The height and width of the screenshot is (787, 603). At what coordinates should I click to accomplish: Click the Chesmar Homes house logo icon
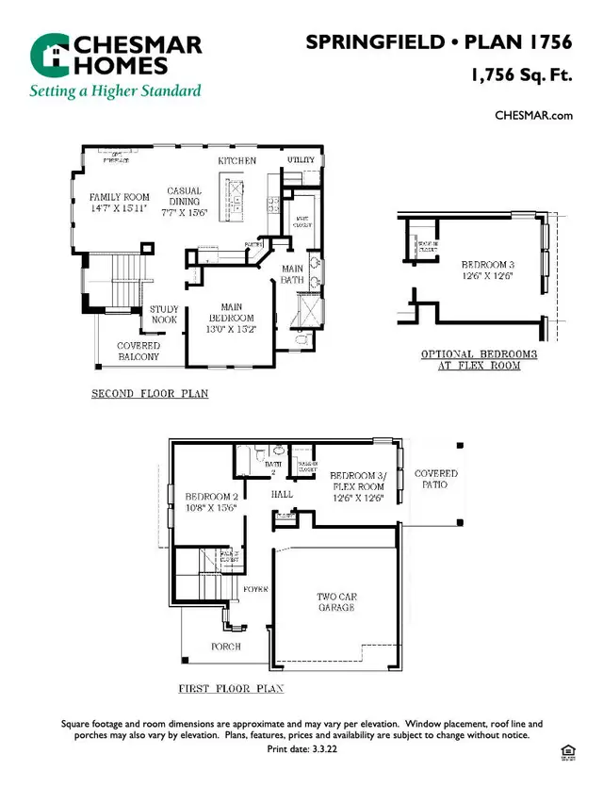pyautogui.click(x=49, y=56)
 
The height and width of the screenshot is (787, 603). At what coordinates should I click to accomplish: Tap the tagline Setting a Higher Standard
pyautogui.click(x=115, y=91)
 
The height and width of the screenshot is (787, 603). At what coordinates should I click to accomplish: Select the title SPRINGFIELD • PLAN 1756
pyautogui.click(x=439, y=42)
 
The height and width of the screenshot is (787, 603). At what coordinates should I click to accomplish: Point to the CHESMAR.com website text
pyautogui.click(x=534, y=115)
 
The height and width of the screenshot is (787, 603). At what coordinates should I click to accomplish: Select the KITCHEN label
pyautogui.click(x=237, y=161)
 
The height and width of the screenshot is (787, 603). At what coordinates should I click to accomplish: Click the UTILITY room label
pyautogui.click(x=301, y=160)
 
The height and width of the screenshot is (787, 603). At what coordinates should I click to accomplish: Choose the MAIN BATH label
pyautogui.click(x=292, y=274)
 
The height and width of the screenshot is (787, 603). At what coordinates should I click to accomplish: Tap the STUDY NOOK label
pyautogui.click(x=164, y=315)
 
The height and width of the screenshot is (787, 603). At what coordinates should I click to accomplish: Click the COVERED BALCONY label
pyautogui.click(x=139, y=352)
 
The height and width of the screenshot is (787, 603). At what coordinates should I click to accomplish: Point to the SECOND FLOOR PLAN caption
pyautogui.click(x=150, y=393)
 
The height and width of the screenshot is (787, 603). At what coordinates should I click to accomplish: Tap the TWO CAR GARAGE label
pyautogui.click(x=336, y=602)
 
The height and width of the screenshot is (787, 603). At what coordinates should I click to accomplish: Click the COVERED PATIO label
pyautogui.click(x=435, y=479)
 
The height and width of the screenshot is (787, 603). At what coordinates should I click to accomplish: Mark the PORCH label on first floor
pyautogui.click(x=225, y=647)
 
